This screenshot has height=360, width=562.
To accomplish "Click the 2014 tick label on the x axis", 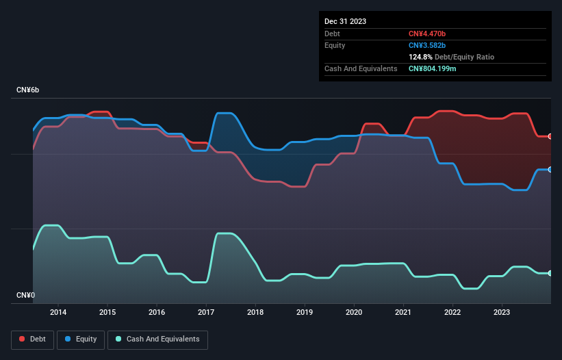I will [58, 312].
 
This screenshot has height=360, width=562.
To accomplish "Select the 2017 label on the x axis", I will [206, 312].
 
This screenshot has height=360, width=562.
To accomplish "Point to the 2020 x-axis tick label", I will [354, 312].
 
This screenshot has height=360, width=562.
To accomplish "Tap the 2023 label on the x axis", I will [502, 312].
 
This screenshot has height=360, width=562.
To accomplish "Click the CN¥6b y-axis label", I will [28, 90].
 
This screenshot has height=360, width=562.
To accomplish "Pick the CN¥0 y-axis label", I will [25, 295].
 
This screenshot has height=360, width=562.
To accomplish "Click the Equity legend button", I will [81, 339].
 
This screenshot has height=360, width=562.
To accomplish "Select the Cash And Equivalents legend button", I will [157, 339].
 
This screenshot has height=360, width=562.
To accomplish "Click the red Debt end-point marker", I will [550, 136].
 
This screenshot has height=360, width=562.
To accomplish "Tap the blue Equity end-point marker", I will [550, 169].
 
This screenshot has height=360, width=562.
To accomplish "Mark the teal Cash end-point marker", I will [550, 273].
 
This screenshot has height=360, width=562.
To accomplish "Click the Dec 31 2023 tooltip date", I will [345, 21].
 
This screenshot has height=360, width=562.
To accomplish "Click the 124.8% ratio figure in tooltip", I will [421, 57].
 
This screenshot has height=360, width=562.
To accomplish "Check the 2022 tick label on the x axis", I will [452, 312].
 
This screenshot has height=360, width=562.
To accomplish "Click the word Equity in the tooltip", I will [335, 45].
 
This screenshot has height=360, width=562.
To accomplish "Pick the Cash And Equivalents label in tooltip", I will [361, 68].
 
